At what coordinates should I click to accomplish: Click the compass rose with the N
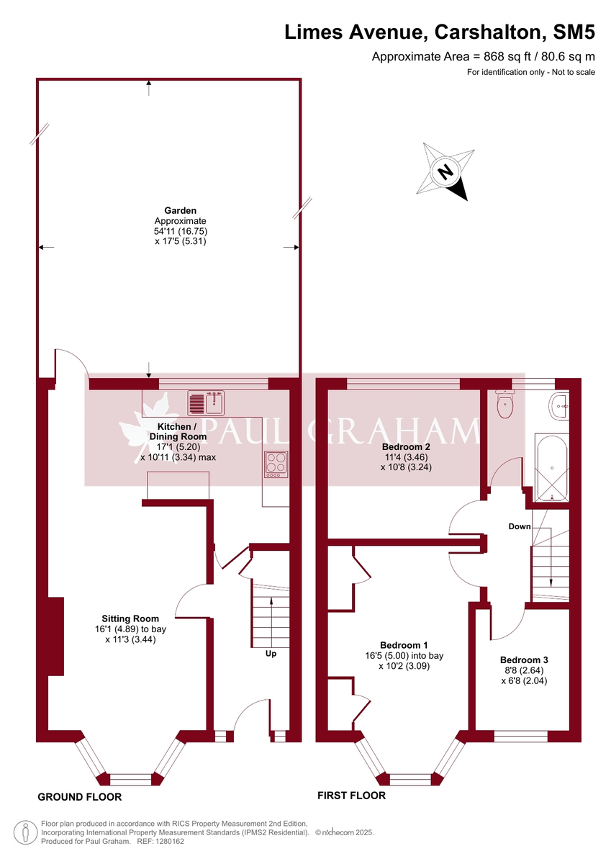tap(447, 171)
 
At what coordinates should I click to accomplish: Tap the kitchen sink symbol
tap(207, 403)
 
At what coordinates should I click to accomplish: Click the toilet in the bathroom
tap(504, 405)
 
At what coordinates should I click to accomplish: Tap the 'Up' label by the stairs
tap(271, 654)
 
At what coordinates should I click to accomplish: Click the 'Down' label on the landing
tap(519, 526)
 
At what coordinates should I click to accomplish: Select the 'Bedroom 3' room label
tap(524, 660)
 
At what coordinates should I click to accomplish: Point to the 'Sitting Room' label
tap(130, 618)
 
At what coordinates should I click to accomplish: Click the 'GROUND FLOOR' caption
tap(79, 797)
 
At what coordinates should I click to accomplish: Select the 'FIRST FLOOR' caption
tap(351, 796)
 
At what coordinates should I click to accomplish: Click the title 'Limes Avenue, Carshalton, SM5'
tap(440, 32)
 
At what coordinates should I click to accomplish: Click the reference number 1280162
tap(170, 841)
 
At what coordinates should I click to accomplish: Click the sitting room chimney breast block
tap(55, 636)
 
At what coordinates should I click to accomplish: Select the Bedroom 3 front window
tap(521, 736)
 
